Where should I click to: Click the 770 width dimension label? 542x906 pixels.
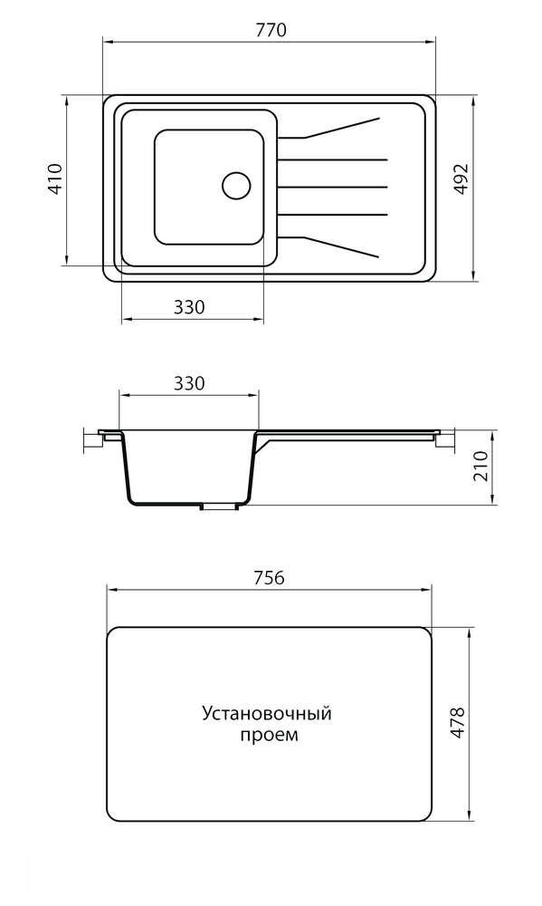coord(271,30)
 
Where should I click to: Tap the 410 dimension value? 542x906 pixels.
coord(55,179)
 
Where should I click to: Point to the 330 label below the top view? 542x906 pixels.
coord(189,307)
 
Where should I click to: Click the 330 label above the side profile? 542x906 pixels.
coord(189,383)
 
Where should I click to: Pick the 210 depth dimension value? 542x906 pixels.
coord(480,467)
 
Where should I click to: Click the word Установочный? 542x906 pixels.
coord(266,714)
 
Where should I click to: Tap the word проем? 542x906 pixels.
coord(269,736)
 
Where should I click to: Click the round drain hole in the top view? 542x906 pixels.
coord(236,185)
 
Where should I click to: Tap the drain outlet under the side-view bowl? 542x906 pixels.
coord(217,507)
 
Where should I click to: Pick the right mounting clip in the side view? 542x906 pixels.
coord(442,439)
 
